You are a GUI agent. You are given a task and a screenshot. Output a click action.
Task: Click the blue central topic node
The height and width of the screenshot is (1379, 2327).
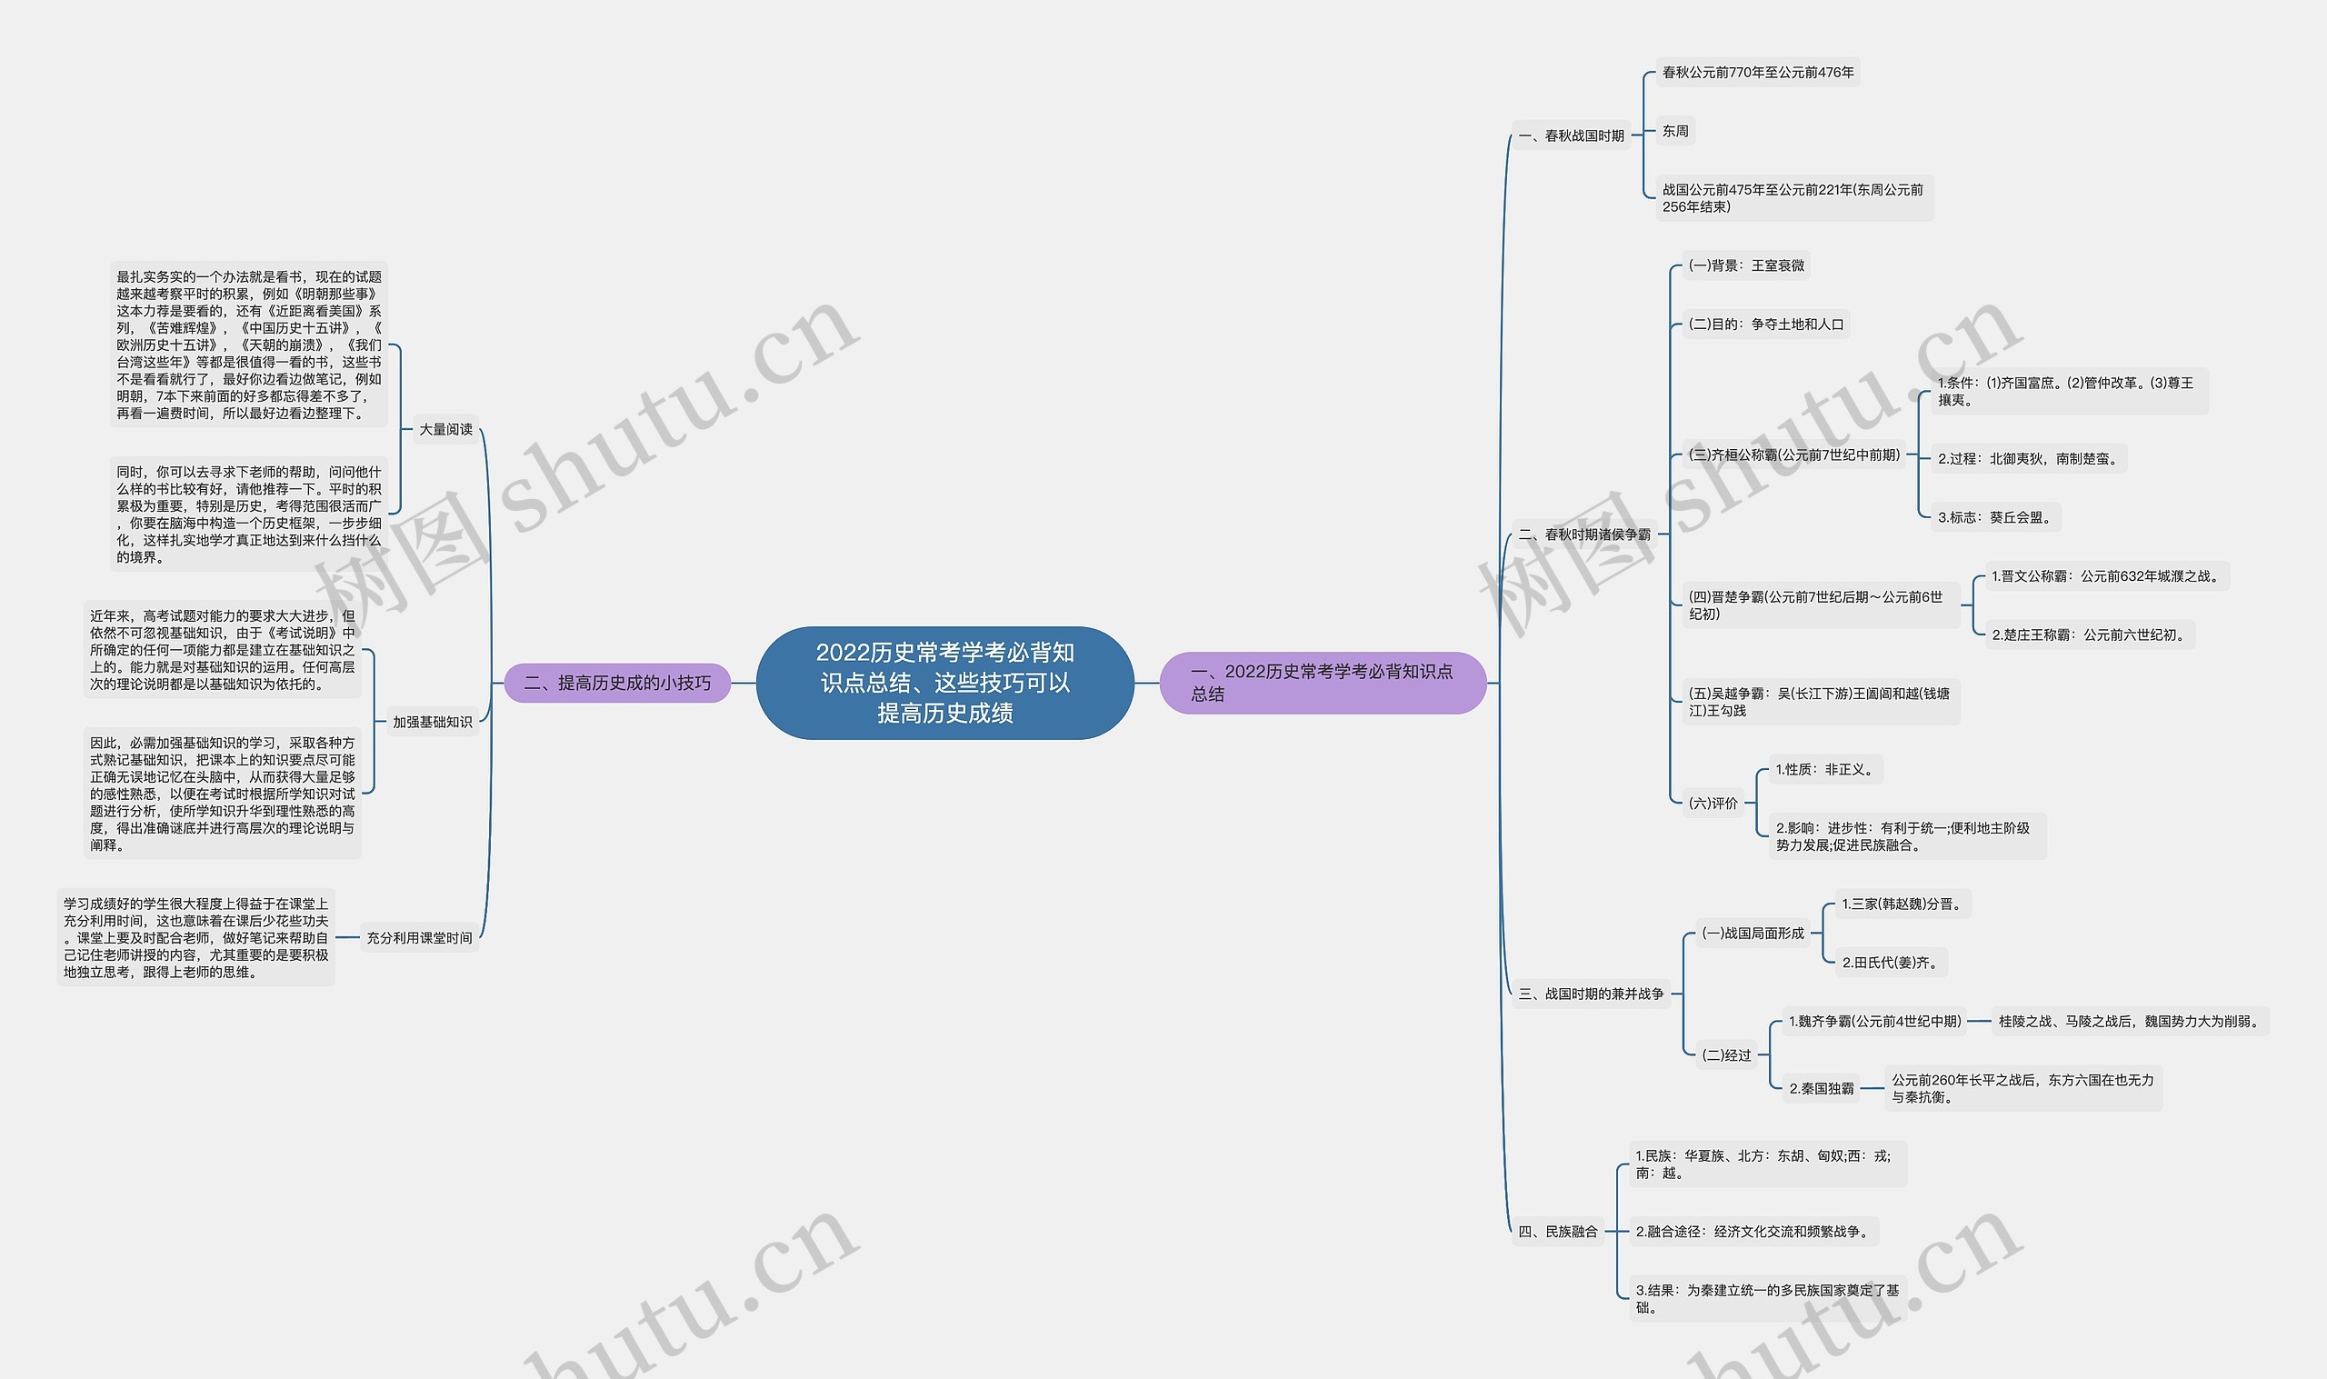pos(944,683)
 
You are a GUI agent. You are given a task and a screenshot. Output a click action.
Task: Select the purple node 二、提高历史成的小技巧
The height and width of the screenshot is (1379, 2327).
pos(617,683)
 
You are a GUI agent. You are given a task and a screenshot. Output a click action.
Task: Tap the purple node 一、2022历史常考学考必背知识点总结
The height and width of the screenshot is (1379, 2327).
pos(1322,683)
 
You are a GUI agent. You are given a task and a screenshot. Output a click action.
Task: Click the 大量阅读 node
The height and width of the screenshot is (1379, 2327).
pos(446,429)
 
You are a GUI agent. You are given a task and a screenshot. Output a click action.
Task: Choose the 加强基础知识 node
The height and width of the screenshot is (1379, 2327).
pos(432,722)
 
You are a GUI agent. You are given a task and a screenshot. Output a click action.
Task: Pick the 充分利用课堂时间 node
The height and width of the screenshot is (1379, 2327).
pos(419,937)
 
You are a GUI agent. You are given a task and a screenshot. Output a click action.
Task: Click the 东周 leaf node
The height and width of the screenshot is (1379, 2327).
pos(1675,131)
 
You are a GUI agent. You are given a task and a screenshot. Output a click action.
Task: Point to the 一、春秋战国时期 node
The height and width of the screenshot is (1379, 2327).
pos(1571,135)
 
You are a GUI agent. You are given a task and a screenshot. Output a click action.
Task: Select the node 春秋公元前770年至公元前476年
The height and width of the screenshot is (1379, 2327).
pos(1758,73)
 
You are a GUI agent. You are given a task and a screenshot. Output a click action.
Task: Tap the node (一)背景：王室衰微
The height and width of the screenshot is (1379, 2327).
pos(1745,265)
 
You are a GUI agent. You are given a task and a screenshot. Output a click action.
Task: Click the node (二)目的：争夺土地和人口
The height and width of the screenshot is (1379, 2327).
pos(1765,325)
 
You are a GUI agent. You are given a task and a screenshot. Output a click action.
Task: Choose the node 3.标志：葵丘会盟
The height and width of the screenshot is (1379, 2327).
pos(1993,517)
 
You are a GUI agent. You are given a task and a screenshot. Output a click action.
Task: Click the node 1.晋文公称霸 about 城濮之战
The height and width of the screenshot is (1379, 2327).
pos(2104,576)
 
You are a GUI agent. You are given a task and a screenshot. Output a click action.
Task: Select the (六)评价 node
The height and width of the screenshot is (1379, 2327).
pos(1712,803)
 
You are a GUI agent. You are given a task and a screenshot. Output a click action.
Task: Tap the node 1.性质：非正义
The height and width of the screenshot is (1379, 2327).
pos(1824,769)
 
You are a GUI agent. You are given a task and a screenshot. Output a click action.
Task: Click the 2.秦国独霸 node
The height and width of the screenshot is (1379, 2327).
pos(1821,1088)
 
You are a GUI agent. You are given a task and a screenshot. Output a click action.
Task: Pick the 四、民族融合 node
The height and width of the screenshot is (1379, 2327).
pos(1558,1231)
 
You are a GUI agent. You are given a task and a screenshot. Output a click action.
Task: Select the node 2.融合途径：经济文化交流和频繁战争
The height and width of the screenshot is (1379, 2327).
pos(1752,1231)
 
